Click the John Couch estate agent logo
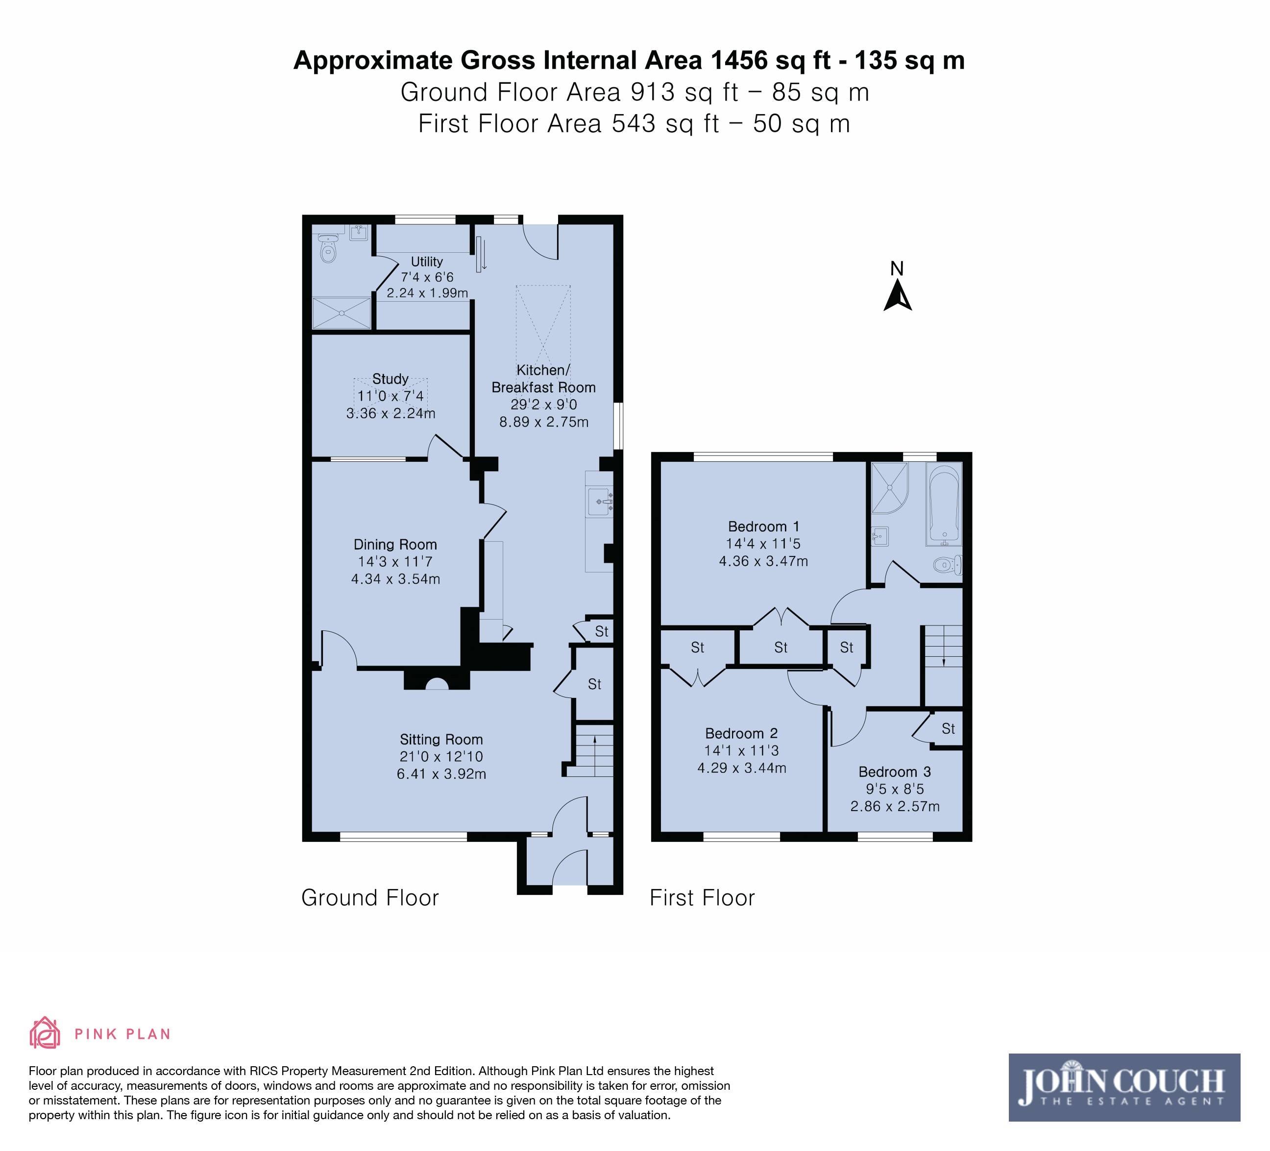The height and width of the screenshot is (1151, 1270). coord(1124,1087)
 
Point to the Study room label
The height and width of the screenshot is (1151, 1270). coord(390,379)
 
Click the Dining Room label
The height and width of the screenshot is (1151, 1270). coord(395,544)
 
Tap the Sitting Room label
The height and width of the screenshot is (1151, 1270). coord(441,739)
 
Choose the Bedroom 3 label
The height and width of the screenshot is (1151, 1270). coord(895,771)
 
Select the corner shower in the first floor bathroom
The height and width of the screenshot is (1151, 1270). coord(889,487)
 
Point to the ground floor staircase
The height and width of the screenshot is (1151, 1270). coord(593,750)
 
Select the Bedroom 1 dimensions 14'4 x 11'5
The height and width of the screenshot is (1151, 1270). coord(763,543)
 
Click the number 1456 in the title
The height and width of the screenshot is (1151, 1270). coord(739,60)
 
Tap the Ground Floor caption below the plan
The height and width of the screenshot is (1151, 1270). coord(370,897)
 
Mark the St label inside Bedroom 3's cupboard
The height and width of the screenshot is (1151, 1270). coord(948,728)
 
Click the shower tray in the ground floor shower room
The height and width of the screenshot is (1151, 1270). coord(342,313)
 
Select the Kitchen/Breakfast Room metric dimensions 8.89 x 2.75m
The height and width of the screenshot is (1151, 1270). coord(544,422)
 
